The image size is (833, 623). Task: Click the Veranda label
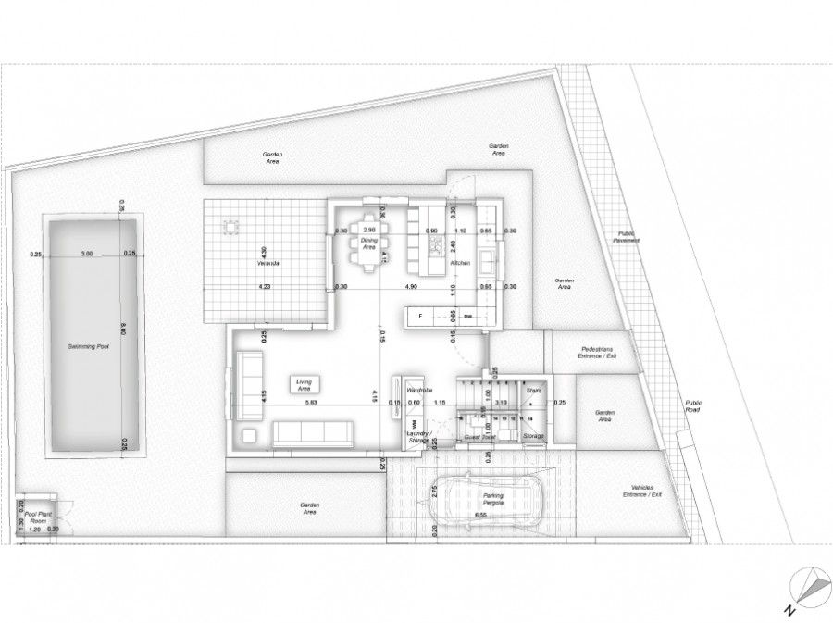268,264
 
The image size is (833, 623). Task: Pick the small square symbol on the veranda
229,225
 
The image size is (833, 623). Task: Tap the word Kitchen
461,264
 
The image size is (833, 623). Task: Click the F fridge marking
420,317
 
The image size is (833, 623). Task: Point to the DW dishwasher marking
468,317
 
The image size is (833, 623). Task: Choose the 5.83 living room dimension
311,403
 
